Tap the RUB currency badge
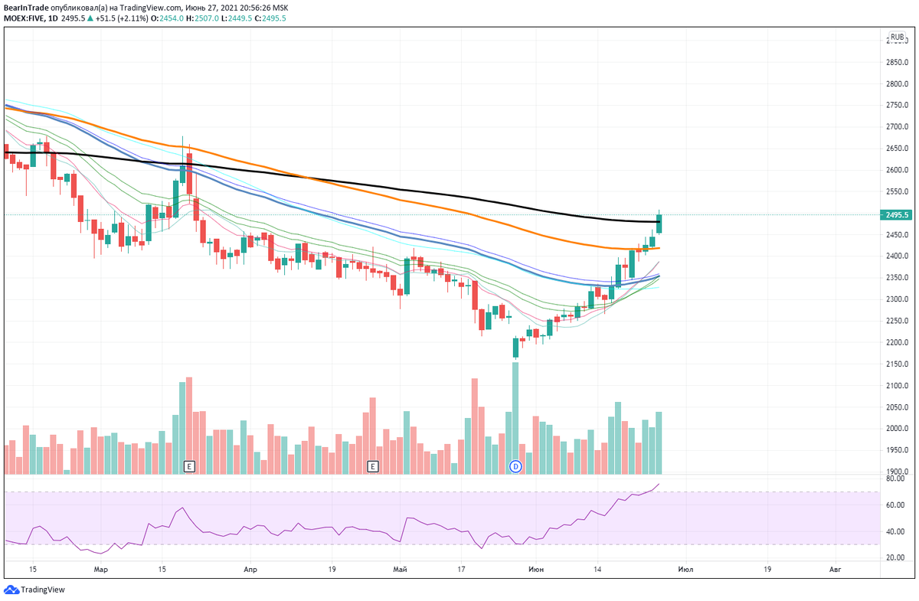pos(897,36)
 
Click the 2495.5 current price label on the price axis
pos(897,215)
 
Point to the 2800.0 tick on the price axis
pos(897,84)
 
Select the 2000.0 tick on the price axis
pos(897,429)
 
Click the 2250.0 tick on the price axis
pos(897,321)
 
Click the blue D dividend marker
pos(515,465)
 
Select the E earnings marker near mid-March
pos(190,465)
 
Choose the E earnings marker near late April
pos(373,465)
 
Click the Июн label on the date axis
pos(536,570)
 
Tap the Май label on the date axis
pos(399,570)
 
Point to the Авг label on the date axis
pos(836,570)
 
